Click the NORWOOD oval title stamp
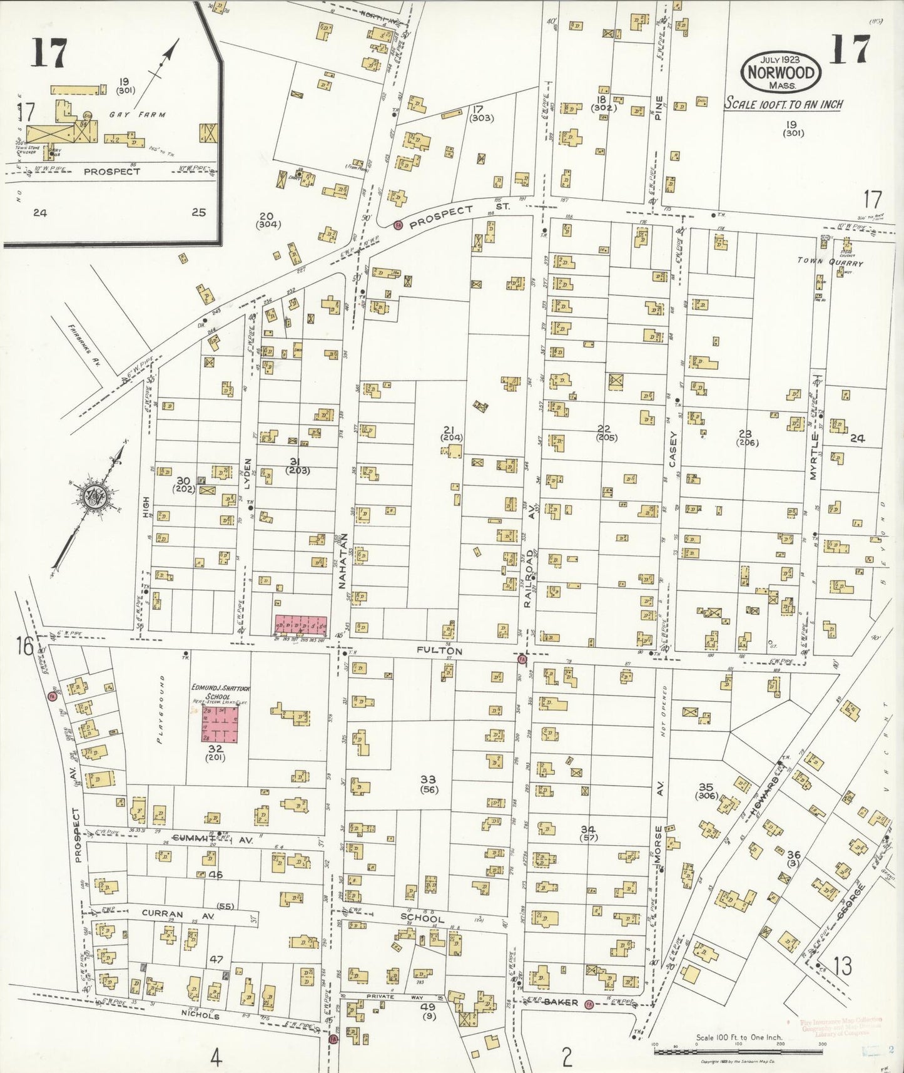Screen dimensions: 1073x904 (x=781, y=73)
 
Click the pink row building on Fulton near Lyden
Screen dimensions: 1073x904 (x=301, y=624)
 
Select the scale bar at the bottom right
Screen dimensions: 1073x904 (x=738, y=1052)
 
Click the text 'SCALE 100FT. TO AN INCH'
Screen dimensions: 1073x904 (x=783, y=105)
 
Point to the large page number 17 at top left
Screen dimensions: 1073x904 (x=49, y=53)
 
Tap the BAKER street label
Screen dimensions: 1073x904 (x=560, y=1002)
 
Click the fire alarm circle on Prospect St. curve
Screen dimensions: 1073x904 (x=397, y=224)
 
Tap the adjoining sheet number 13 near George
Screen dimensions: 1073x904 (x=842, y=967)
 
